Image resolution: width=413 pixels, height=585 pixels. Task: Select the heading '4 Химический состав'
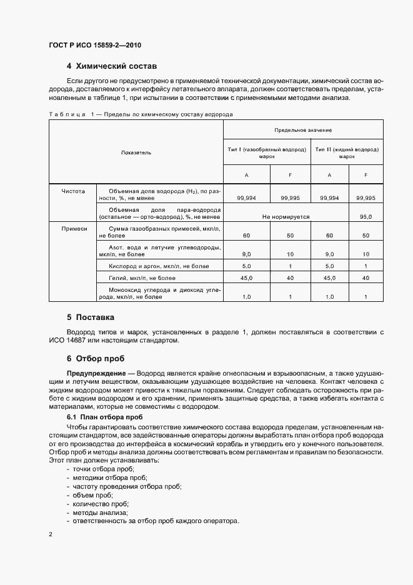[111, 66]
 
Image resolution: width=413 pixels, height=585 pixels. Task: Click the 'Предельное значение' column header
[302, 130]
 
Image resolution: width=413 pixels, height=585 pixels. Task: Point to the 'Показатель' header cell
[136, 152]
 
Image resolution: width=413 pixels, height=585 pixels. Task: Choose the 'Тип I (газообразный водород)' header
[267, 153]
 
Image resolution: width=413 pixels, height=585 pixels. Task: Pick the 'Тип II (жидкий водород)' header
[347, 153]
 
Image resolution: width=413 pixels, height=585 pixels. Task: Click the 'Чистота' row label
[73, 190]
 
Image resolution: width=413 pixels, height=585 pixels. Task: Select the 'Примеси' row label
[73, 229]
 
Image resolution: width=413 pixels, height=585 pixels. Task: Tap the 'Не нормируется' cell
[286, 216]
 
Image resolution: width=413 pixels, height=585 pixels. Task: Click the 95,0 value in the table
[366, 216]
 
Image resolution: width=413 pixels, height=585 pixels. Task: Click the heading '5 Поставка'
[91, 317]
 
